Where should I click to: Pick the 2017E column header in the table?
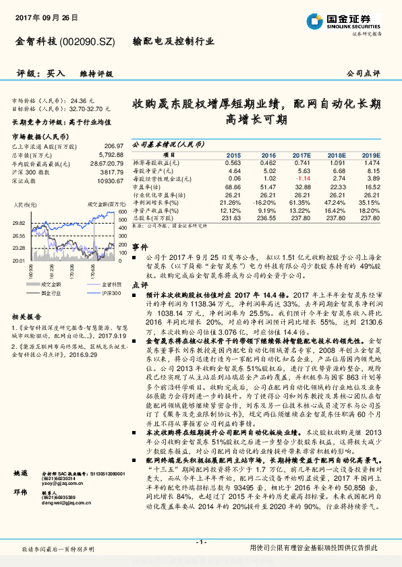(x=301, y=155)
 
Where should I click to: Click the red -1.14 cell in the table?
(x=302, y=178)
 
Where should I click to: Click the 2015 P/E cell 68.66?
(x=233, y=186)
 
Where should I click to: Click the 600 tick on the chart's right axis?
(x=121, y=211)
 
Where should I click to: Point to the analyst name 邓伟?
(x=20, y=510)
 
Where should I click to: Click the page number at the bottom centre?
(x=200, y=542)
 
